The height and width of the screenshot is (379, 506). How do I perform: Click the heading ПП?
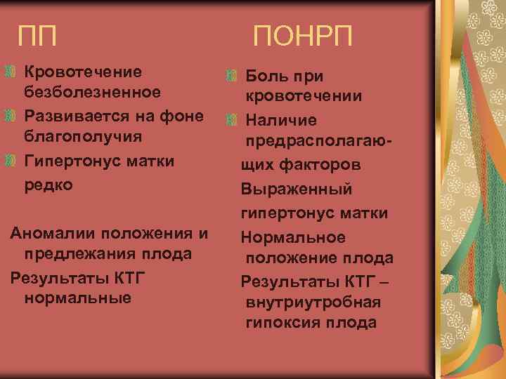point(39,34)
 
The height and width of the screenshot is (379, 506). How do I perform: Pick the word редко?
point(48,185)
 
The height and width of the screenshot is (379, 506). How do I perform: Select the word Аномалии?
point(53,232)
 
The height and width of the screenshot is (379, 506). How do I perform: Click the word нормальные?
point(77,298)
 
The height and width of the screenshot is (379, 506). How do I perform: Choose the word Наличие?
point(276,121)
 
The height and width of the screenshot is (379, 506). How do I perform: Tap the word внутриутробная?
point(313,302)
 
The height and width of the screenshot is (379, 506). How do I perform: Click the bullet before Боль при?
point(233,75)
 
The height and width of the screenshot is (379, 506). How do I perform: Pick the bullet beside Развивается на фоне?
point(9,115)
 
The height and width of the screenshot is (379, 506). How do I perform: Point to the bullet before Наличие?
point(233,121)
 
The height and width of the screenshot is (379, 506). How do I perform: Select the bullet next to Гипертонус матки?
point(9,161)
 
